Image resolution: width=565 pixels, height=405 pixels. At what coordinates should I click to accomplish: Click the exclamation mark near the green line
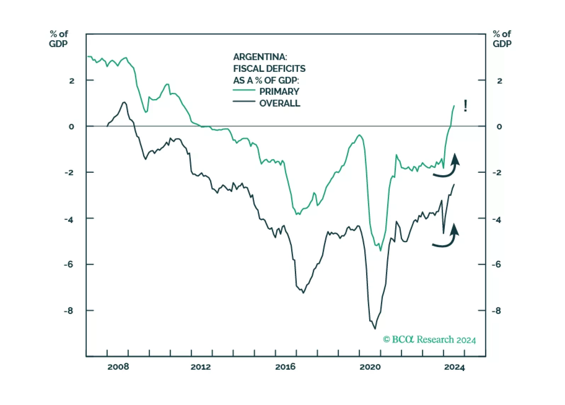[x=465, y=106]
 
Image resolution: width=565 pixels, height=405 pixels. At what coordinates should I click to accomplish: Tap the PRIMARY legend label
[x=279, y=92]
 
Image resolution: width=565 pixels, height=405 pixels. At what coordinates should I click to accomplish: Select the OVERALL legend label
[x=279, y=103]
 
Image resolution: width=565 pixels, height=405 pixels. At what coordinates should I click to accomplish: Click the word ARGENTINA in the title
[x=260, y=57]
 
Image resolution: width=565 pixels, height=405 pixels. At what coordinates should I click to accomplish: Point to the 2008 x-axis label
[x=118, y=367]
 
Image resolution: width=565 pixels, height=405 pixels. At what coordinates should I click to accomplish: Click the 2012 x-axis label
[x=200, y=367]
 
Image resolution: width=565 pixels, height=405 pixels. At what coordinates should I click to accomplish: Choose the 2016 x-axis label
[x=285, y=367]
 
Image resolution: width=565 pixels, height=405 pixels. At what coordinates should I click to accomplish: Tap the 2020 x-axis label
[x=370, y=367]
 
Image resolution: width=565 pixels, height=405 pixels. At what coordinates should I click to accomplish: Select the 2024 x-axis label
[x=454, y=367]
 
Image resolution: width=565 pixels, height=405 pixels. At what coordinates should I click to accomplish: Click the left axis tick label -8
[x=68, y=311]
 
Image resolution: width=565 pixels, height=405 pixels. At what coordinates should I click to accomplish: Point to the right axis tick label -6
[x=497, y=264]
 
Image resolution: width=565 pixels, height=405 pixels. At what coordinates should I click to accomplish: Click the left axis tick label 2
[x=72, y=81]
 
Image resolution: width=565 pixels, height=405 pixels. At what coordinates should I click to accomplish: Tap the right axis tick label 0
[x=499, y=127]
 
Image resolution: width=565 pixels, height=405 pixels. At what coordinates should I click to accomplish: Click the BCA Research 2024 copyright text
[x=429, y=340]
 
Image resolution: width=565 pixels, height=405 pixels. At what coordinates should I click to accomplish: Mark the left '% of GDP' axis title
[x=58, y=39]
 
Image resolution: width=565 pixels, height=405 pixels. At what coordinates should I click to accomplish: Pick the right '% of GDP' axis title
[x=502, y=39]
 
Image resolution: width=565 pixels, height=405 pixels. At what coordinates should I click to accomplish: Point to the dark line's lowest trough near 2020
[x=375, y=329]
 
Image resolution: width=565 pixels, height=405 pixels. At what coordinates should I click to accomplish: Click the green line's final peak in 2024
[x=454, y=106]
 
